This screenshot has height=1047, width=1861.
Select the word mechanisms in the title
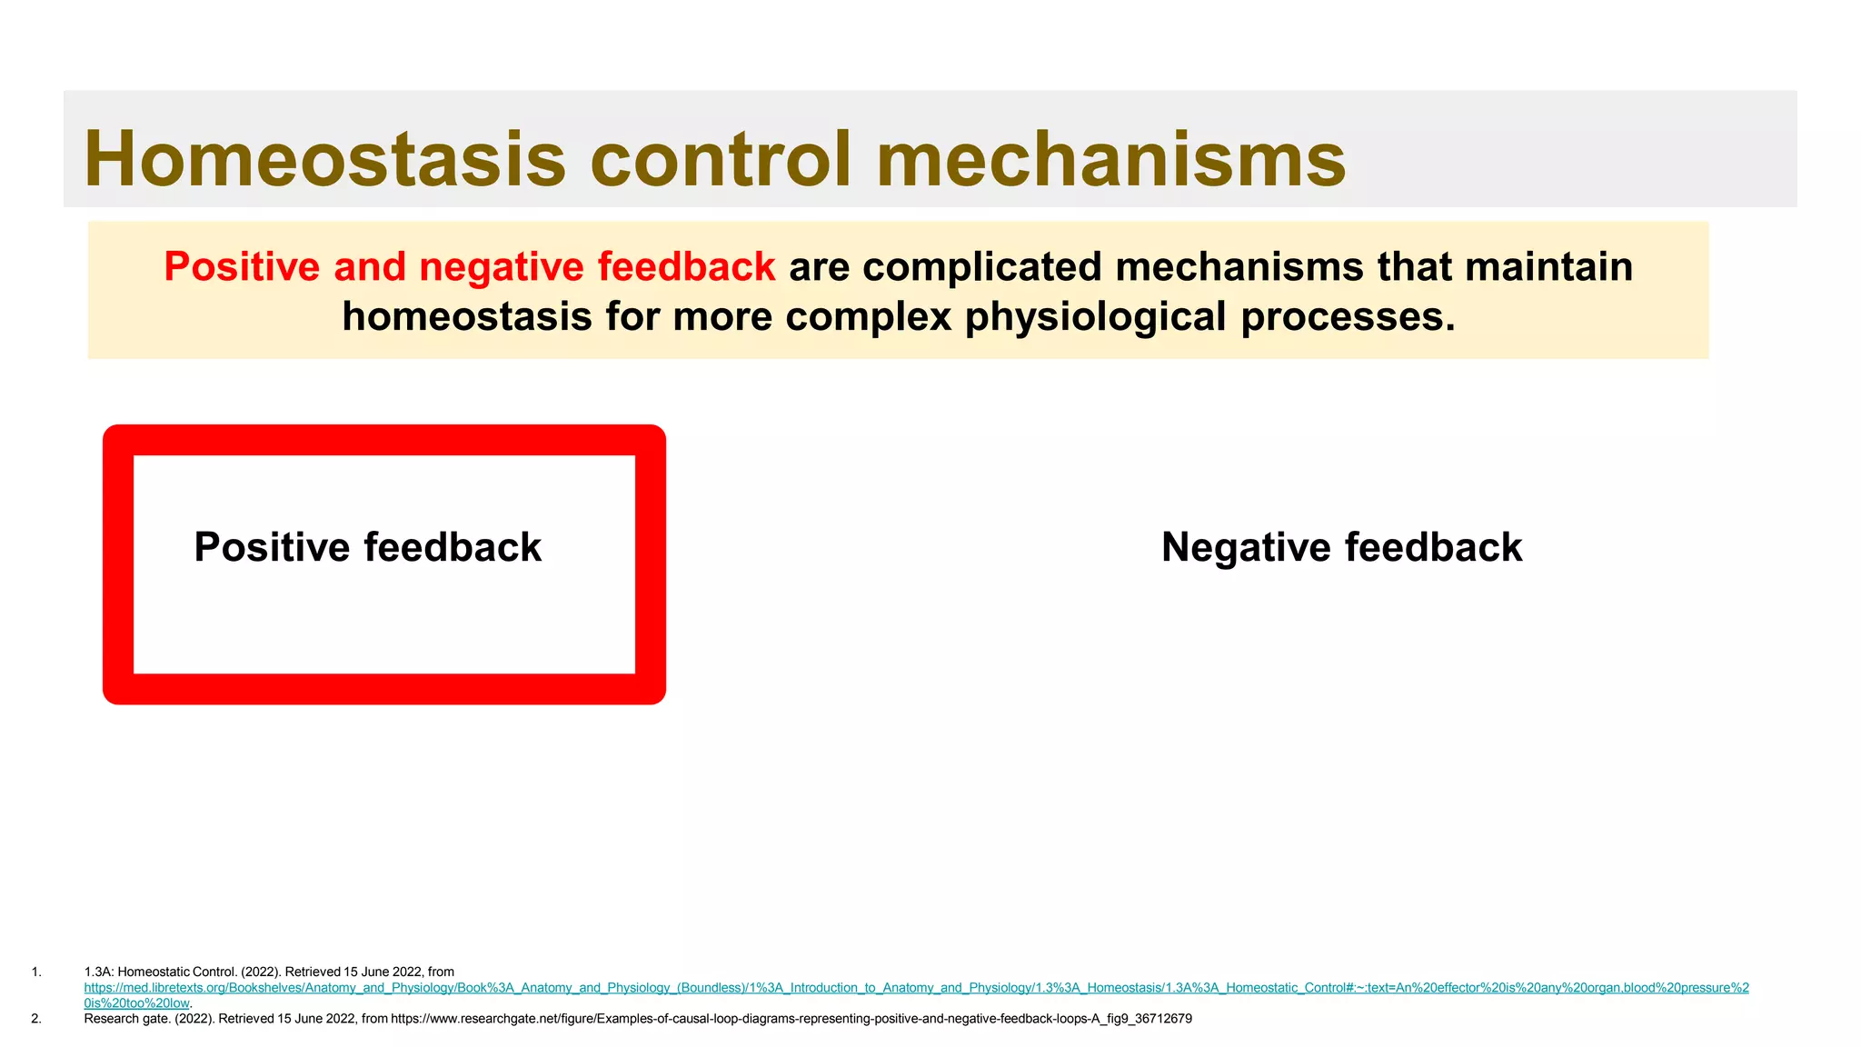(x=1110, y=159)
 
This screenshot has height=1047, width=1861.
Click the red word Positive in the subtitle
(x=242, y=267)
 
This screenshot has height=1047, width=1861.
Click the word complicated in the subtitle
(x=981, y=267)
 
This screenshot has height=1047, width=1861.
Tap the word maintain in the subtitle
(x=1548, y=267)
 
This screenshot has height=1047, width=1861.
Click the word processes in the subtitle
(x=1348, y=317)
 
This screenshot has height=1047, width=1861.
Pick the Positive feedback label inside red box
(x=367, y=547)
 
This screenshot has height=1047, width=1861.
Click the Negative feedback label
(x=1341, y=547)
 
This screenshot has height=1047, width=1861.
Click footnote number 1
(x=36, y=972)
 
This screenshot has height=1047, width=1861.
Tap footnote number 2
(x=36, y=1019)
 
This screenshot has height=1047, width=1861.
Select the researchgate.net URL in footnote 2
(x=791, y=1019)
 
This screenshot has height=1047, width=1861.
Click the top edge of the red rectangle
(x=384, y=440)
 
